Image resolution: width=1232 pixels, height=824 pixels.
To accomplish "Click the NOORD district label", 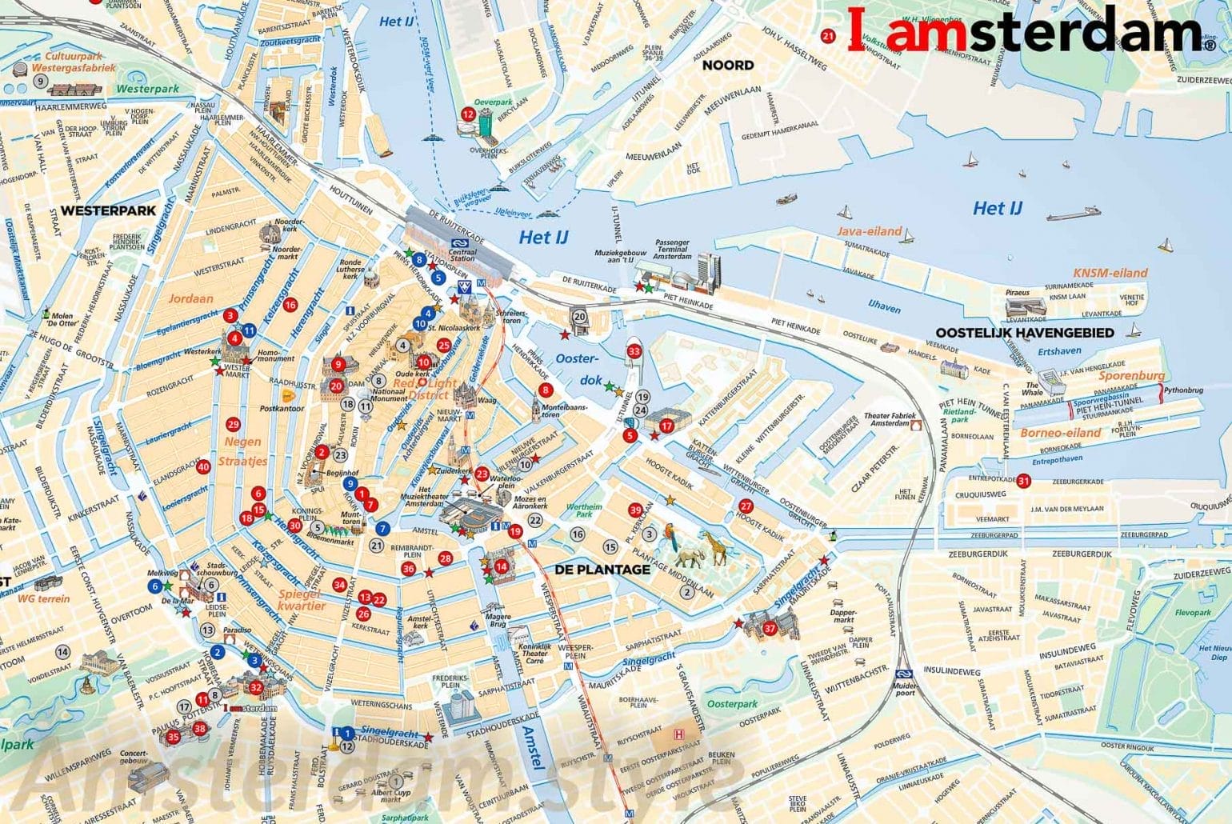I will tap(727, 65).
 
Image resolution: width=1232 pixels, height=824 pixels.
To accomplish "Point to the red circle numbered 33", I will tap(634, 351).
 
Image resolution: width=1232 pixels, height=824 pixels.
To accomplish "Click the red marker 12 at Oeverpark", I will tap(468, 114).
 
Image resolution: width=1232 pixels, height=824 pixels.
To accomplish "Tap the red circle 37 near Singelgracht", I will tap(770, 628).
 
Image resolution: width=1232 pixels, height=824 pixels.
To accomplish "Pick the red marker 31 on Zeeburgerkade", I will tap(1023, 481).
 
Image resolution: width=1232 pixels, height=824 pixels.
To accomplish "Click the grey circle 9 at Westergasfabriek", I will tap(39, 82).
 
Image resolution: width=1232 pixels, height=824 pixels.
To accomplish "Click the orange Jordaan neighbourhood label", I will tap(190, 298).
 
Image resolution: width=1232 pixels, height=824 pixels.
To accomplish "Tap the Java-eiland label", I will tap(869, 231).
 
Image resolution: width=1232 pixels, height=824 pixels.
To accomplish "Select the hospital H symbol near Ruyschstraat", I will tap(679, 734).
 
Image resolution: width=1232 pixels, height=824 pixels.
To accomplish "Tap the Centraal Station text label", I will tap(462, 254).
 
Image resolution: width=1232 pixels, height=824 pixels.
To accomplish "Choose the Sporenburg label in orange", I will tap(1131, 375).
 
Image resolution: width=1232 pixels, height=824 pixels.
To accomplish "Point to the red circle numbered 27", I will tap(746, 506).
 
